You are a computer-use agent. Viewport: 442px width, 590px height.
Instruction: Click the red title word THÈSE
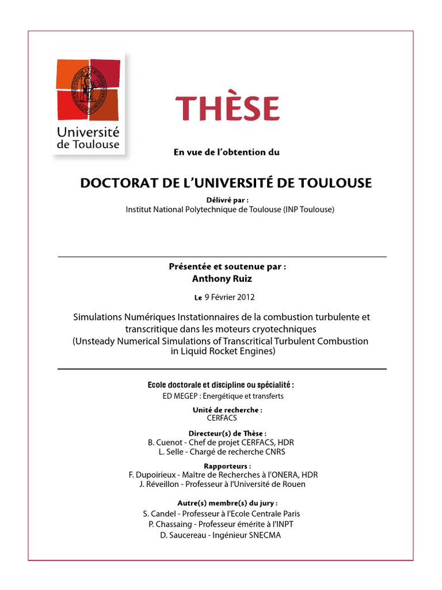coord(228,108)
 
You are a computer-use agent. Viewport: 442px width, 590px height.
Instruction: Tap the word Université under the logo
coord(87,133)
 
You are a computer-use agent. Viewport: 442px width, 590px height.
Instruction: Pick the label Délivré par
coord(222,199)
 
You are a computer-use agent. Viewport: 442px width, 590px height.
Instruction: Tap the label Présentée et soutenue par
coord(227,267)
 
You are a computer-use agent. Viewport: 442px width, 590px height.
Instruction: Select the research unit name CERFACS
coord(222,418)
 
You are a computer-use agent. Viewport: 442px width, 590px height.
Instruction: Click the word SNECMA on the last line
coord(266,534)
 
